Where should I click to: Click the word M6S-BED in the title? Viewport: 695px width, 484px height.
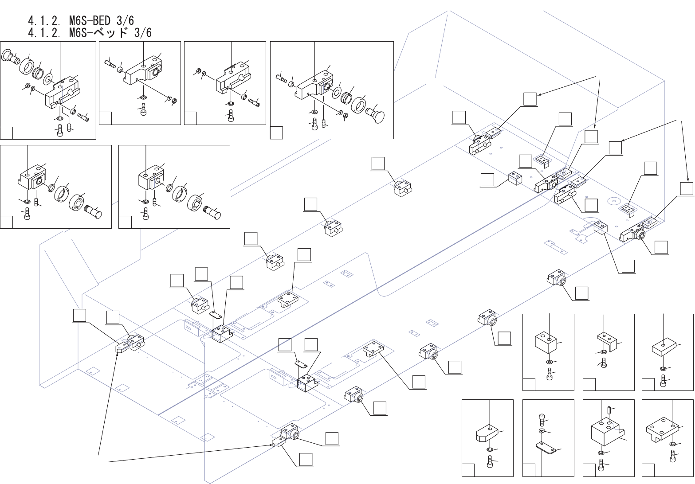pyautogui.click(x=90, y=21)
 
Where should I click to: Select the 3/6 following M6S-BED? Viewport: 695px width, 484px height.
pyautogui.click(x=126, y=21)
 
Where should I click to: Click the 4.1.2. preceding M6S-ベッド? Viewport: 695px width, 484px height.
pyautogui.click(x=44, y=32)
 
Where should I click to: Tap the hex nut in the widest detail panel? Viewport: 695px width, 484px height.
pyautogui.click(x=346, y=116)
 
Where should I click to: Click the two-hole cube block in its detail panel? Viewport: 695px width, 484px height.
pyautogui.click(x=546, y=343)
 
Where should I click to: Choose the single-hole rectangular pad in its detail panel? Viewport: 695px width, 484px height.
pyautogui.click(x=664, y=347)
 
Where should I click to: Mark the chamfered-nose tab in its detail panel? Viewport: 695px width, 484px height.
pyautogui.click(x=487, y=433)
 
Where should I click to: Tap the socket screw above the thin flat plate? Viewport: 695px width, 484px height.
pyautogui.click(x=542, y=419)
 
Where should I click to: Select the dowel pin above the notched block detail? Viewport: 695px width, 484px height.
pyautogui.click(x=609, y=410)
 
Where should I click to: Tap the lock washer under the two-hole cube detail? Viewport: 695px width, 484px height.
pyautogui.click(x=549, y=362)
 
